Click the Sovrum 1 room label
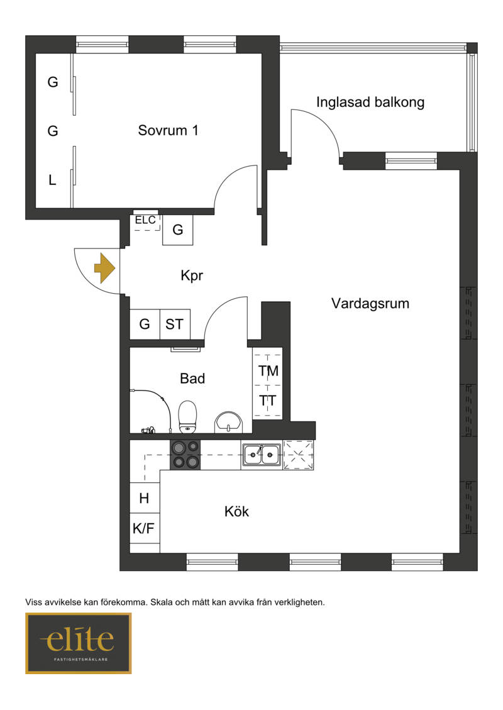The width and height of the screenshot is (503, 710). (168, 130)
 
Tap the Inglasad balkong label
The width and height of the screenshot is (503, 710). (370, 103)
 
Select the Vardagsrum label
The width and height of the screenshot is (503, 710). (370, 303)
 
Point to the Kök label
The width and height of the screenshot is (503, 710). (236, 511)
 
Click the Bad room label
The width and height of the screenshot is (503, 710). (192, 378)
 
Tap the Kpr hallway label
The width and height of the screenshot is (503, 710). (192, 275)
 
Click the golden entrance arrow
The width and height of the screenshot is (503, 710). (104, 269)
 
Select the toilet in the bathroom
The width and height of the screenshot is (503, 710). (187, 416)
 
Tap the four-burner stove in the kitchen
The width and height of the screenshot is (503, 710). (185, 455)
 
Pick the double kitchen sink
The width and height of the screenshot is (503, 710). (262, 455)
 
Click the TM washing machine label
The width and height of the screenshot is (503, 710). (268, 371)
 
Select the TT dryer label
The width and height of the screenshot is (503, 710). (268, 401)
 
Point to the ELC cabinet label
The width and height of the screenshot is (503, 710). (145, 220)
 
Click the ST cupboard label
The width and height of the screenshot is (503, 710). (174, 324)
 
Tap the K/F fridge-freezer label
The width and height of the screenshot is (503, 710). (143, 528)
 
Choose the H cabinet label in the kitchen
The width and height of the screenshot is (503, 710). (144, 499)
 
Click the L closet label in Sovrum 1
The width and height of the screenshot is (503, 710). (53, 180)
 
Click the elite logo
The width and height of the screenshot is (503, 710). (79, 643)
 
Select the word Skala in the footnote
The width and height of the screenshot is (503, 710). (162, 602)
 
